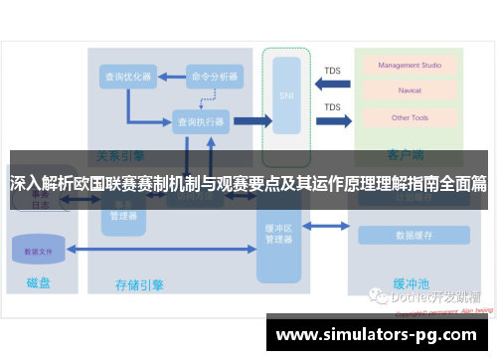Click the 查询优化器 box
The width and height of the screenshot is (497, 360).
(126, 76)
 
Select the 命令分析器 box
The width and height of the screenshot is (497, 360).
(214, 76)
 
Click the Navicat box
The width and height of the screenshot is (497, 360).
(403, 91)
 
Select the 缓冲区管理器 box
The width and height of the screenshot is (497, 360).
(279, 234)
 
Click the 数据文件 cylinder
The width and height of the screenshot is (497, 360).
(39, 252)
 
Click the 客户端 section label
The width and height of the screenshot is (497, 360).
(406, 155)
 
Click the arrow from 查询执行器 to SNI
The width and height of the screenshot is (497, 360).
(252, 121)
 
